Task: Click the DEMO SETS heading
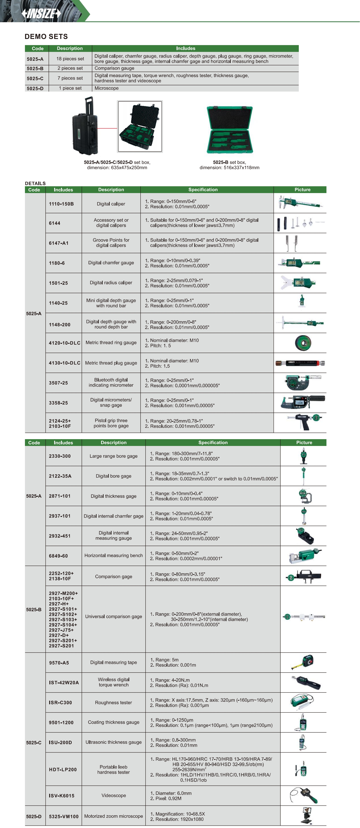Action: point(46,36)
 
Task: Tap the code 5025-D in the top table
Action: point(35,88)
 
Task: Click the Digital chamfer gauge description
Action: point(111,263)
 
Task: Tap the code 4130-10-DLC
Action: point(64,363)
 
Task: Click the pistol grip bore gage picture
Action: point(304,422)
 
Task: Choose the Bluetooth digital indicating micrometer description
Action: point(111,383)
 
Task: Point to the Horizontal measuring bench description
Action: point(114,555)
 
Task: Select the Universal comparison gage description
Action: point(114,617)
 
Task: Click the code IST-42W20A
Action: point(64,682)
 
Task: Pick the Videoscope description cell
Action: point(114,796)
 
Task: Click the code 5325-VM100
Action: point(64,816)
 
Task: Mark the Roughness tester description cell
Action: point(114,703)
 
